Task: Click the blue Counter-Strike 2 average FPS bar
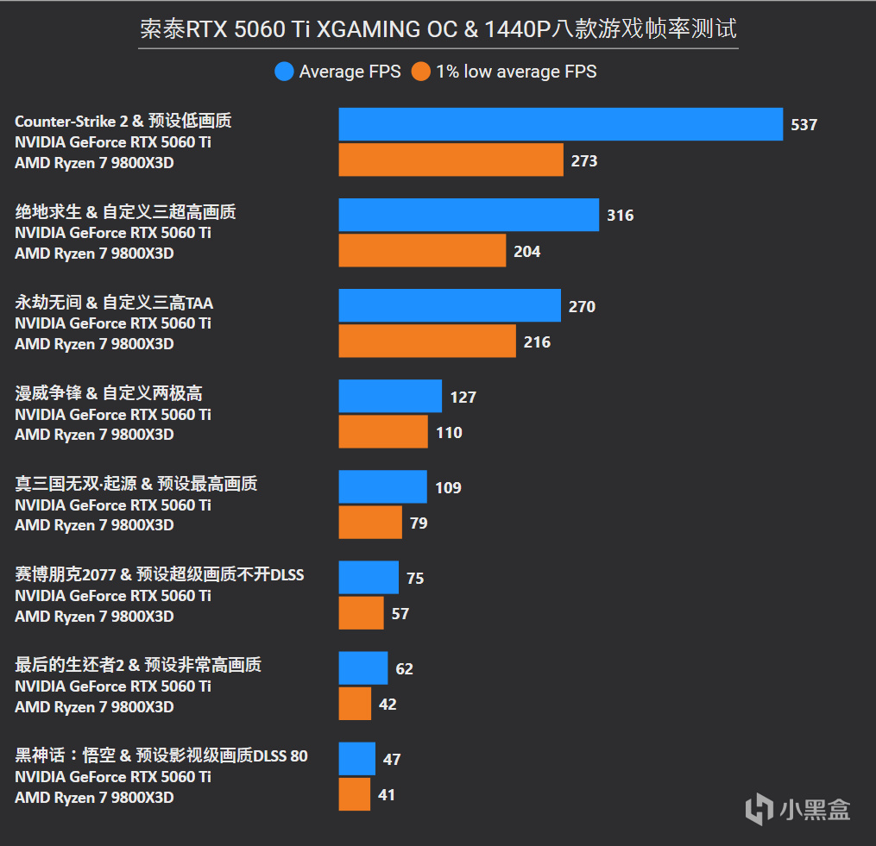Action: pyautogui.click(x=560, y=124)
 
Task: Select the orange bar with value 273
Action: pyautogui.click(x=451, y=160)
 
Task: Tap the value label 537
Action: pyautogui.click(x=804, y=125)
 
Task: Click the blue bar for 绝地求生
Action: pyautogui.click(x=469, y=215)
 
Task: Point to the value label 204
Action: pyautogui.click(x=526, y=252)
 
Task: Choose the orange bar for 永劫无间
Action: pyautogui.click(x=427, y=342)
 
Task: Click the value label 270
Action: pyautogui.click(x=582, y=306)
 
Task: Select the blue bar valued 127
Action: pyautogui.click(x=390, y=397)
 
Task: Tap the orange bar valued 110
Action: pyautogui.click(x=383, y=432)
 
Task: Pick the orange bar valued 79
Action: pyautogui.click(x=370, y=523)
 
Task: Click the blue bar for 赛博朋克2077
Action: pyautogui.click(x=369, y=578)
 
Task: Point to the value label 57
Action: pyautogui.click(x=400, y=614)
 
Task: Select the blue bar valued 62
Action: pyautogui.click(x=363, y=668)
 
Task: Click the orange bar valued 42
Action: pyautogui.click(x=355, y=704)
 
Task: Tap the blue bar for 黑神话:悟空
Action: pyautogui.click(x=357, y=759)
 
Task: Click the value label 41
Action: pyautogui.click(x=387, y=795)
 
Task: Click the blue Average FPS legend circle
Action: pyautogui.click(x=284, y=72)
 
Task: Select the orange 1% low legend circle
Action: pyautogui.click(x=421, y=72)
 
